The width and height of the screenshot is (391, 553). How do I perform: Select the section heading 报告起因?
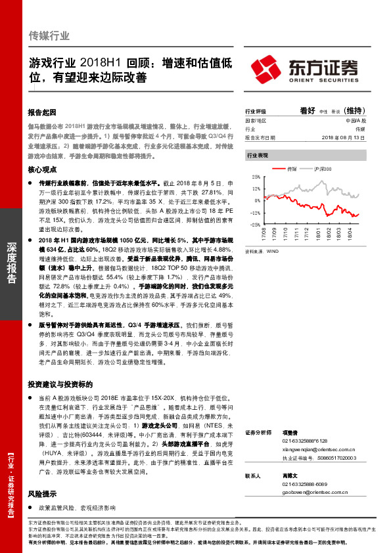pos(43,112)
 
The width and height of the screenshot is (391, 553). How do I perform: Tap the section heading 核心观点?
pos(43,169)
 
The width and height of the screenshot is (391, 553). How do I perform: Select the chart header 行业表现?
pos(257,155)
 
